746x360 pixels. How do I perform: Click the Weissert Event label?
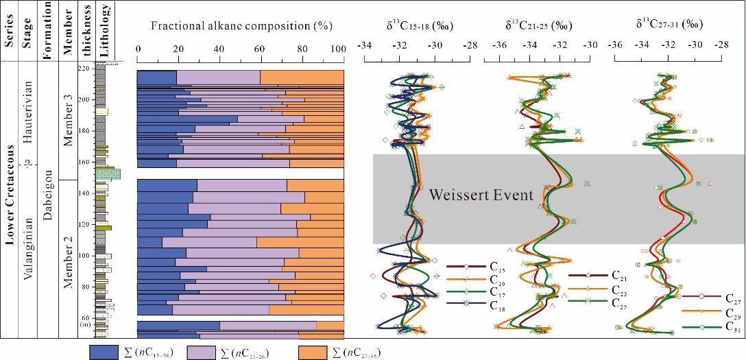pyautogui.click(x=481, y=196)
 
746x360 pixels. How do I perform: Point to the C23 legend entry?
pyautogui.click(x=617, y=289)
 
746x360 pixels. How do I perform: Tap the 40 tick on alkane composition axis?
pyautogui.click(x=219, y=49)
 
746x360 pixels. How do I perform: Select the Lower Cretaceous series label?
pyautogui.click(x=11, y=199)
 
